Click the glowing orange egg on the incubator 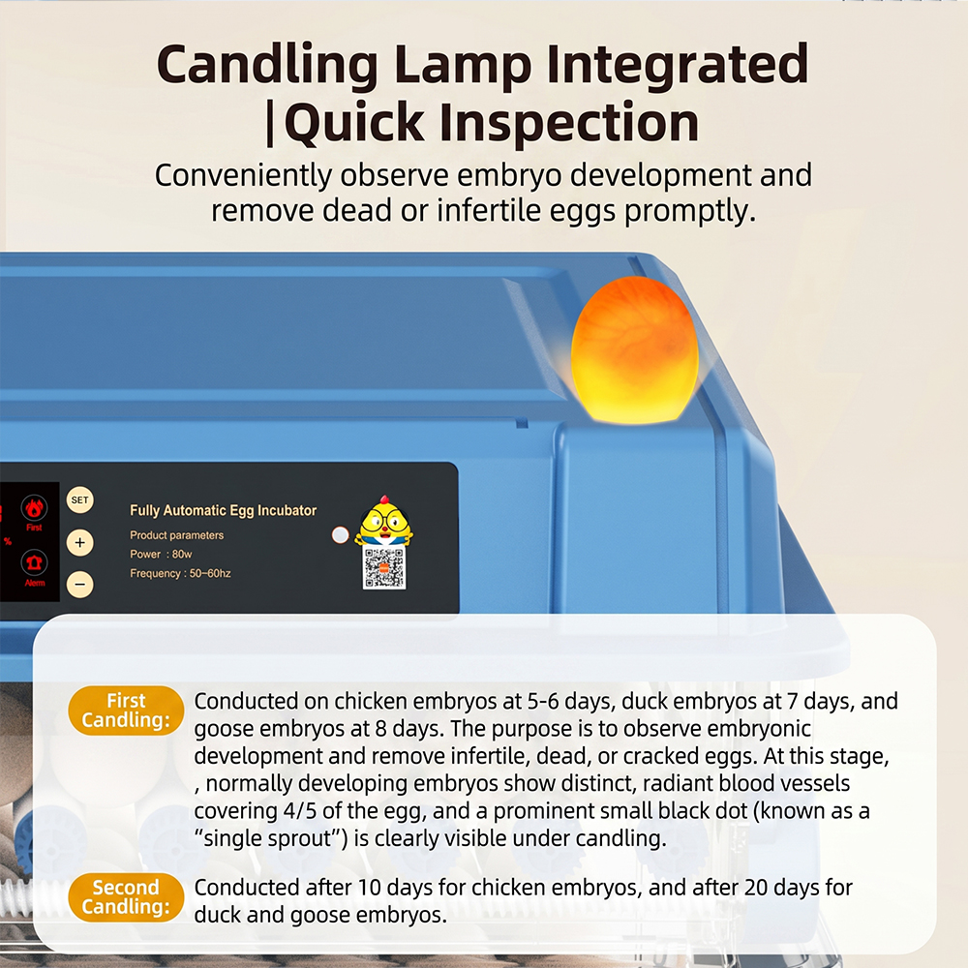point(635,350)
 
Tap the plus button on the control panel point(79,543)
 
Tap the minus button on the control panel point(79,584)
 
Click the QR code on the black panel point(384,568)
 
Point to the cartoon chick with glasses point(384,521)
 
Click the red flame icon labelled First point(34,508)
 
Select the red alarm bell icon point(34,562)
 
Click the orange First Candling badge point(126,711)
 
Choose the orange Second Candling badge point(126,897)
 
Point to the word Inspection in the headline point(568,122)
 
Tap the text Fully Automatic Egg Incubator point(223,510)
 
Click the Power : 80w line point(161,554)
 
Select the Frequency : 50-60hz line point(180,573)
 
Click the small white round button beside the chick point(340,535)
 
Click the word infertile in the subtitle point(488,211)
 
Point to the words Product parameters point(176,535)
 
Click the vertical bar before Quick point(269,124)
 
